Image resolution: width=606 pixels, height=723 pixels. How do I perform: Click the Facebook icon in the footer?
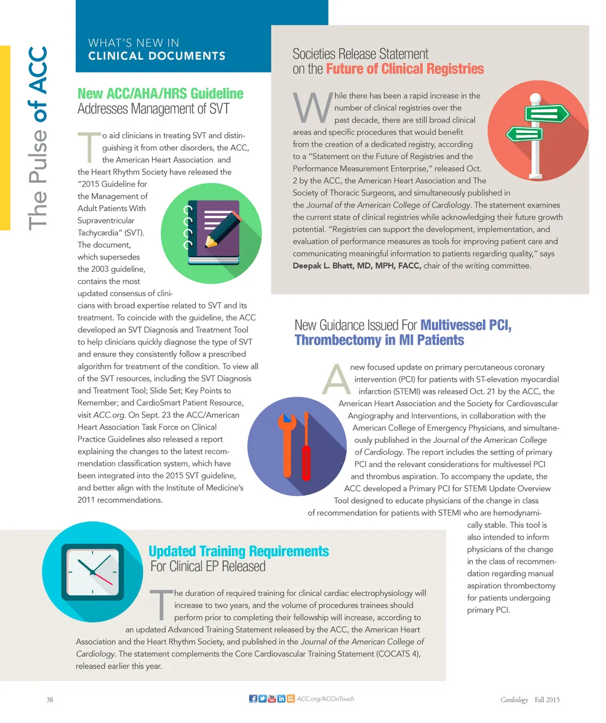click(253, 699)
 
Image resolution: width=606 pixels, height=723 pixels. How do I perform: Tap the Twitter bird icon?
click(263, 699)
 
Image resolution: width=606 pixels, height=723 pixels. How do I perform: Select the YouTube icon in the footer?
click(272, 699)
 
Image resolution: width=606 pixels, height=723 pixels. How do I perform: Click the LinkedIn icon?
click(282, 699)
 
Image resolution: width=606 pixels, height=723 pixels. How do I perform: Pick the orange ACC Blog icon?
click(291, 699)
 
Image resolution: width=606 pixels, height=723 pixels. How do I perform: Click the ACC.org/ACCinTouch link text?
click(325, 699)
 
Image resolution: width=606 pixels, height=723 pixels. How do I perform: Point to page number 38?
click(50, 700)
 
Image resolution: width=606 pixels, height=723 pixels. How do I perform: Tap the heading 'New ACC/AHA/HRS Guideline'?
click(160, 93)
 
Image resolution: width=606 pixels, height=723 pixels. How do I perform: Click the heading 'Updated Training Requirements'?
click(238, 552)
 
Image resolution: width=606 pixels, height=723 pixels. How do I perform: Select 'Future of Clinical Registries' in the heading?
click(405, 69)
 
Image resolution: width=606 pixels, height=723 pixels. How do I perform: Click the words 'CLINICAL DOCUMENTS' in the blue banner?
click(157, 56)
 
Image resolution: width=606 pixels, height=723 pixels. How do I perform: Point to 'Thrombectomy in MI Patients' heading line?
click(379, 341)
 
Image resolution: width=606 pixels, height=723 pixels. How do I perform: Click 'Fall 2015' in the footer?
click(547, 700)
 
